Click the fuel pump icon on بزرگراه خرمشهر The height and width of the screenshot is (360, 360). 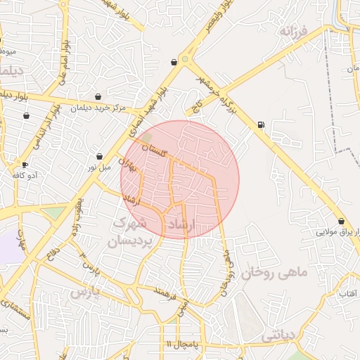[x=262, y=125]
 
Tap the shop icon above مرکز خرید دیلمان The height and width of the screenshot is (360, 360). [x=98, y=97]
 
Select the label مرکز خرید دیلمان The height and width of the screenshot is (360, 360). [x=98, y=108]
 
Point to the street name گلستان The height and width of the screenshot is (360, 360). [x=156, y=149]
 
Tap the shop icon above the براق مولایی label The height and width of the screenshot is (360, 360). [x=341, y=221]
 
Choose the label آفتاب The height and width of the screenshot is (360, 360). [x=348, y=293]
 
